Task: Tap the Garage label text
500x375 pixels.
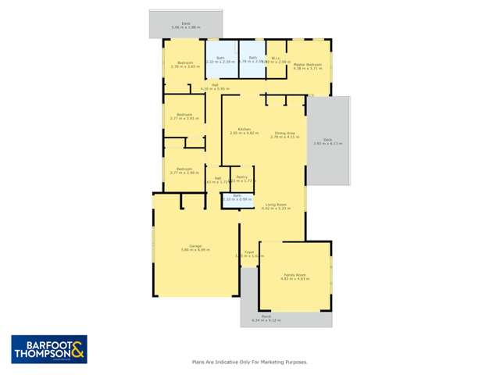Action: pos(185,247)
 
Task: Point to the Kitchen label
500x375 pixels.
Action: pos(244,130)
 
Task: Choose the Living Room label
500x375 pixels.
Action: pos(276,206)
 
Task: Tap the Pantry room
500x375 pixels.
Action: pos(243,180)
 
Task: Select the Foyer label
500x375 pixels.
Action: pos(249,253)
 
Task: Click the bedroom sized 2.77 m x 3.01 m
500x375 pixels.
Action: pos(184,116)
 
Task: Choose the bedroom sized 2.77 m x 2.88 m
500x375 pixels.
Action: pos(184,170)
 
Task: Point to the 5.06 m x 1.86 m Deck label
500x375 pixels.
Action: pos(186,25)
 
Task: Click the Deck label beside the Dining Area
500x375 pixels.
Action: pos(327,141)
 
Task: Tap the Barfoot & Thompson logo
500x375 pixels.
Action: pos(48,348)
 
